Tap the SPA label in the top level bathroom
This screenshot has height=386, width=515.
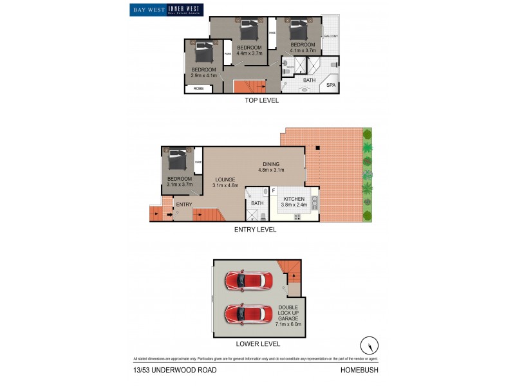click(x=331, y=85)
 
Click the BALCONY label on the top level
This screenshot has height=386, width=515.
click(x=331, y=37)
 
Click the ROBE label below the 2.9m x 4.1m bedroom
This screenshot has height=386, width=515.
click(x=199, y=88)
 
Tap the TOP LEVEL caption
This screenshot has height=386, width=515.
click(x=261, y=101)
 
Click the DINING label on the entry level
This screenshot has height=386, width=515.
click(x=270, y=164)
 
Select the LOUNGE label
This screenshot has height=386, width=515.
click(x=225, y=179)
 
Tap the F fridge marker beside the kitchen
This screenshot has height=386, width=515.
click(x=273, y=191)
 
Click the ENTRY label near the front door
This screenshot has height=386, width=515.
click(x=184, y=205)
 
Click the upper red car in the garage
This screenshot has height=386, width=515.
click(x=248, y=280)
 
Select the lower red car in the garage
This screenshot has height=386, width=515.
click(x=248, y=315)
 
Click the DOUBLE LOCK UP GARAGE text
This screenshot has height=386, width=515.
click(x=288, y=314)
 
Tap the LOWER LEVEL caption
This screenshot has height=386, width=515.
click(x=257, y=344)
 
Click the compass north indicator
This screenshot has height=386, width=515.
click(x=370, y=344)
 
